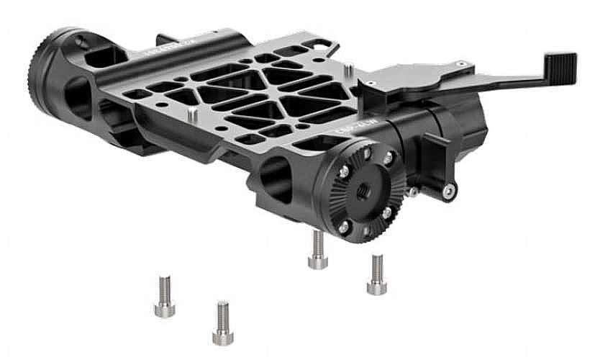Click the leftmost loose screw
164,296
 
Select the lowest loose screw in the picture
223,323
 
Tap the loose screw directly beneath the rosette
317,250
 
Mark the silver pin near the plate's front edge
192,115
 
